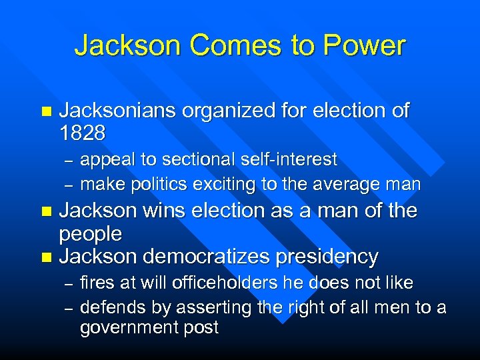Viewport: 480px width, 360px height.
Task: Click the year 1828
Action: [82, 133]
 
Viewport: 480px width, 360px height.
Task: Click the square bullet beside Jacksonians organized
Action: [45, 111]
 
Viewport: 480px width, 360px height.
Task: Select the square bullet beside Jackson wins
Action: [45, 211]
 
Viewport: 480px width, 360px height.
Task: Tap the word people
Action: [91, 234]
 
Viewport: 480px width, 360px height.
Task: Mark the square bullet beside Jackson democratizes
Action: [45, 257]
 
